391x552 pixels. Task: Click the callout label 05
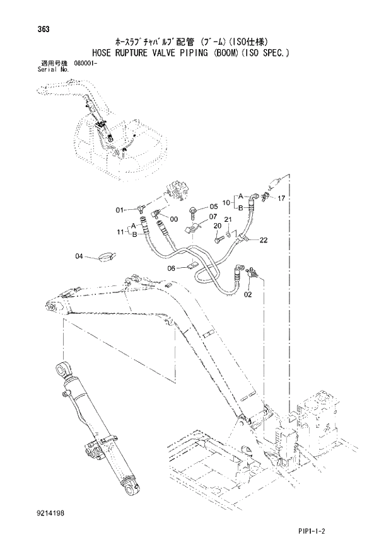pyautogui.click(x=213, y=206)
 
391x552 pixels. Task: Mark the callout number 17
pyautogui.click(x=281, y=198)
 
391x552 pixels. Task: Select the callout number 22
pyautogui.click(x=263, y=239)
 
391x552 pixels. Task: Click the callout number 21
pyautogui.click(x=229, y=219)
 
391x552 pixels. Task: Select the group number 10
pyautogui.click(x=226, y=201)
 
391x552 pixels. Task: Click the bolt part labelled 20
pyautogui.click(x=218, y=239)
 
